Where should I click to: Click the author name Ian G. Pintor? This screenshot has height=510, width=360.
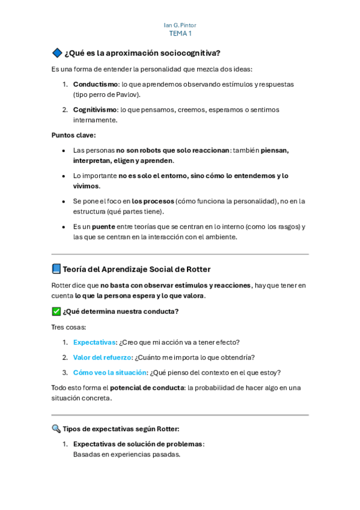tap(180, 25)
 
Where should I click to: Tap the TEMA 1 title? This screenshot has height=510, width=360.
tap(180, 34)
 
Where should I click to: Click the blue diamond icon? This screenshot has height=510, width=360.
tap(57, 53)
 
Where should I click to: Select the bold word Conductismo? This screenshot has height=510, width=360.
tap(95, 84)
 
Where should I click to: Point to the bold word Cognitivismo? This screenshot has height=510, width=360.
tap(96, 109)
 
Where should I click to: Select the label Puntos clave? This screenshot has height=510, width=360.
tap(73, 135)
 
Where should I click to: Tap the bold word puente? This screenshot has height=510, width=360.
tap(103, 227)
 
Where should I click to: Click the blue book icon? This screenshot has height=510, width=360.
tap(56, 269)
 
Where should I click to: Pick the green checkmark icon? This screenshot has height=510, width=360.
tap(56, 312)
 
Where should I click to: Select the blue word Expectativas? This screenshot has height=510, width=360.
tap(94, 342)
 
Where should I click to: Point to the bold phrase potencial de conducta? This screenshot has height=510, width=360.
tap(147, 388)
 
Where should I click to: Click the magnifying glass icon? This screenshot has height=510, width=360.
tap(56, 429)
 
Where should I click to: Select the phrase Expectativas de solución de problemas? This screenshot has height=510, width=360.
tap(138, 444)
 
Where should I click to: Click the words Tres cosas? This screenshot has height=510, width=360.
tap(69, 327)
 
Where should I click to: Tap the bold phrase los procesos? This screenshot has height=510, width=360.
tap(153, 201)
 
